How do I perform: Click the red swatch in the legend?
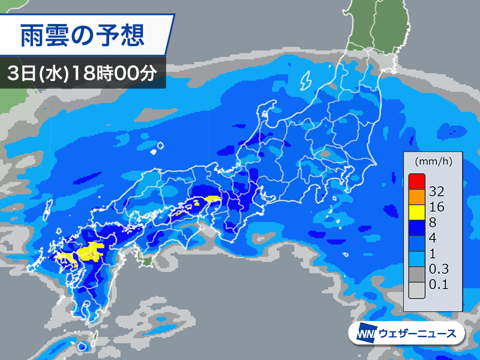(416, 179)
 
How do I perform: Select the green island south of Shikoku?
(145, 260)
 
